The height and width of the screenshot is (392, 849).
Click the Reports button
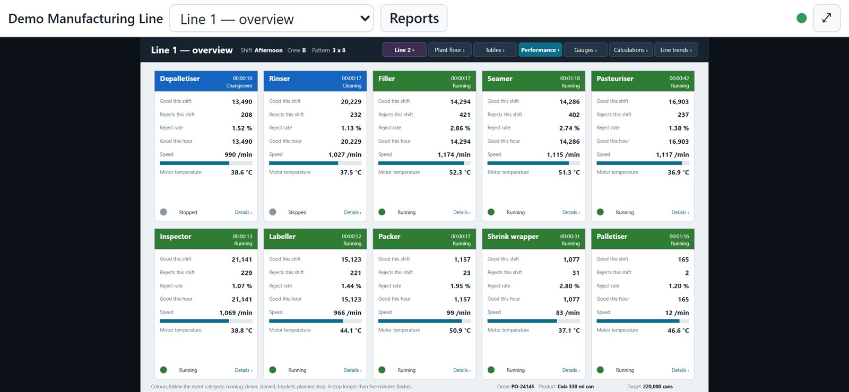tap(414, 18)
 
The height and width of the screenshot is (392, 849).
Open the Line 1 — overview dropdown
tap(271, 18)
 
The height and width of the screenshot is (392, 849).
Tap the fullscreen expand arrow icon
tap(827, 18)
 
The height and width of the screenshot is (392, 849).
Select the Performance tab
tap(540, 50)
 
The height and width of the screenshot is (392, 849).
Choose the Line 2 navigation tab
tap(404, 50)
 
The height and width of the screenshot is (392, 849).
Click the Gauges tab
tap(586, 50)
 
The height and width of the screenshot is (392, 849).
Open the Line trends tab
tap(676, 50)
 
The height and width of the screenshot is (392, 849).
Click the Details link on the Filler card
tap(462, 213)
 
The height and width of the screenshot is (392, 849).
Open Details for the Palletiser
tap(680, 370)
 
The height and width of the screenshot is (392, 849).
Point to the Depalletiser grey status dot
tap(163, 212)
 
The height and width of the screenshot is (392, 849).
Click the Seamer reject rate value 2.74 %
tap(569, 128)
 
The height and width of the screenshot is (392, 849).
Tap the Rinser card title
tap(279, 79)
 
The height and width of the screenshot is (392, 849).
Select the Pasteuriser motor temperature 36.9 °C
tap(678, 172)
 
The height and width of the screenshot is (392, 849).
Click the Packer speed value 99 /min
tap(458, 312)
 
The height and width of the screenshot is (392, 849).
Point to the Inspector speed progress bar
tap(206, 321)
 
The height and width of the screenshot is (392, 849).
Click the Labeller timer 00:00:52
tap(351, 237)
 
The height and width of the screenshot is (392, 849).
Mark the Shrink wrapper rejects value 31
tap(576, 273)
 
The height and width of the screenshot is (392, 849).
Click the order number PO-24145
tap(522, 387)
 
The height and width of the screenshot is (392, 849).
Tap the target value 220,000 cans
tap(657, 387)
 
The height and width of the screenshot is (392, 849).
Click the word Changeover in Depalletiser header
tap(239, 85)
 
